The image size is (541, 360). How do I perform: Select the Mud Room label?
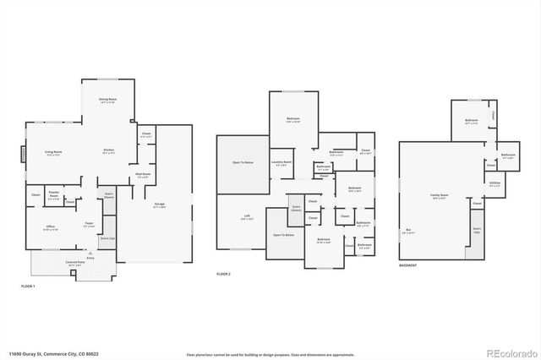[x=142, y=175]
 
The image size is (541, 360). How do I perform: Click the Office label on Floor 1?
[x=51, y=228]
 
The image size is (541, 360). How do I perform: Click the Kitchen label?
[x=109, y=151]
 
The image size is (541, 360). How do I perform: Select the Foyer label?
[x=88, y=225]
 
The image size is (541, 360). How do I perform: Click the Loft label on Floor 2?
[x=247, y=216]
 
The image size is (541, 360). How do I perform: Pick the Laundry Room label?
[x=281, y=162]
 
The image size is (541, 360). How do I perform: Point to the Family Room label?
[x=439, y=195]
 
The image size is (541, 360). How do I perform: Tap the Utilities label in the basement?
[x=494, y=183]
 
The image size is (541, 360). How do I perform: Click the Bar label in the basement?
[x=408, y=230]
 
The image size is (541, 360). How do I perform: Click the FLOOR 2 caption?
[x=224, y=275]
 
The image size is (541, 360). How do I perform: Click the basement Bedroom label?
[x=472, y=122]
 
